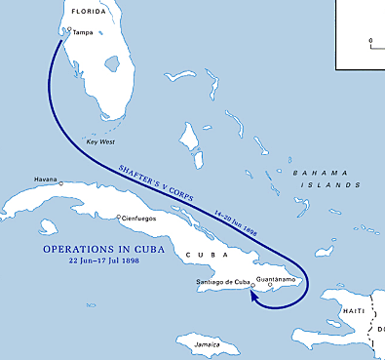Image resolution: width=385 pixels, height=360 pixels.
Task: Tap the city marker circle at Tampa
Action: coord(67,31)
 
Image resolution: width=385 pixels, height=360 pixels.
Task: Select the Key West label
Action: coord(101,141)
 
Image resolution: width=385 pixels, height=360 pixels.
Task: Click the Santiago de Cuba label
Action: coord(221,283)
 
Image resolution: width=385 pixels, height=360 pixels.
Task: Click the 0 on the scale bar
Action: coord(370,41)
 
